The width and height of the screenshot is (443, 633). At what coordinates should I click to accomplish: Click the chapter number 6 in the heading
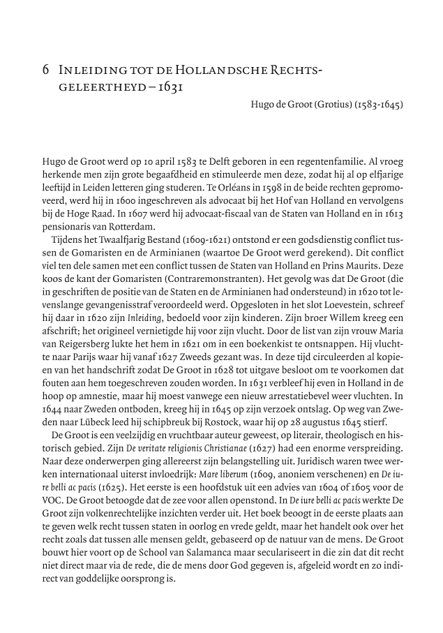45,69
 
